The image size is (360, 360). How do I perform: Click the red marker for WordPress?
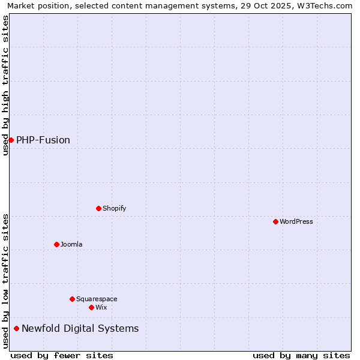pos(275,221)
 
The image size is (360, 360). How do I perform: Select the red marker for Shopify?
pos(98,208)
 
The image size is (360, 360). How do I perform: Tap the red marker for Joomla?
pos(56,244)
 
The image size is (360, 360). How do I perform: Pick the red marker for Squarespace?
pos(72,299)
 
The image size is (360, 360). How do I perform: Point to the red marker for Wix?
pos(91,307)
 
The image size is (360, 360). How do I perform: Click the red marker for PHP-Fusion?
pos(11,140)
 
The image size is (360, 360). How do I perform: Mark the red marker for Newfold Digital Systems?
pos(16,328)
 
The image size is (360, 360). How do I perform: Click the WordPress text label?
pos(296,221)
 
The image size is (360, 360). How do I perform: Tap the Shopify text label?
pos(115,208)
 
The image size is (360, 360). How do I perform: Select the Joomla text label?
pos(71,244)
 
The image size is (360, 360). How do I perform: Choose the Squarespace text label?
pos(97,299)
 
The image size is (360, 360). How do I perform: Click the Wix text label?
pos(101,307)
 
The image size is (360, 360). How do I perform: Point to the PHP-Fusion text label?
pos(43,140)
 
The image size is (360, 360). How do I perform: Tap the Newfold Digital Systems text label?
pos(80,329)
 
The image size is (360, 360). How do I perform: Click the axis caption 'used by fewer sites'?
pos(62,355)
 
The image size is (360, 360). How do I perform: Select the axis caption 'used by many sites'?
pos(301,355)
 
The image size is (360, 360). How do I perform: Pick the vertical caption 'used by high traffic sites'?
pos(5,85)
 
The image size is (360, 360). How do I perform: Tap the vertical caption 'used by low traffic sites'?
pos(5,281)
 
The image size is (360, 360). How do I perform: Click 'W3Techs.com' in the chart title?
pos(326,5)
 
